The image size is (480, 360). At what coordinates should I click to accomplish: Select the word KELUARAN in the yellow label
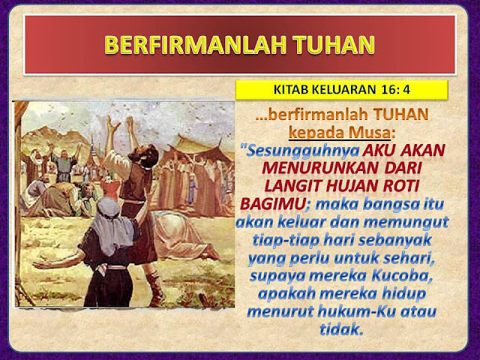click(343, 91)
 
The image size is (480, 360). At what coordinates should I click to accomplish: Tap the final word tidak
click(341, 328)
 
